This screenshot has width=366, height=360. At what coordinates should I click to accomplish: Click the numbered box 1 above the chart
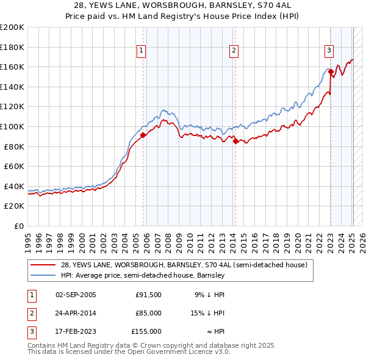click(141, 51)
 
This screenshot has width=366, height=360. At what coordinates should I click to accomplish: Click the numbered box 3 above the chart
click(329, 51)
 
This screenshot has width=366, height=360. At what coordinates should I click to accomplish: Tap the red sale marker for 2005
click(143, 135)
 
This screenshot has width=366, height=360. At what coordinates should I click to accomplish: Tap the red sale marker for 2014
click(235, 142)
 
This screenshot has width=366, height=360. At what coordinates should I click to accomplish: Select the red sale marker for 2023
click(331, 72)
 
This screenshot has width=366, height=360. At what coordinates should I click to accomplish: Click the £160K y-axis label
click(13, 67)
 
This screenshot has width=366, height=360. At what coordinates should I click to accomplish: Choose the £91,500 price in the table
click(148, 295)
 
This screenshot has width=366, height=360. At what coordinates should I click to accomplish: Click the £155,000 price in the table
click(146, 331)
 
